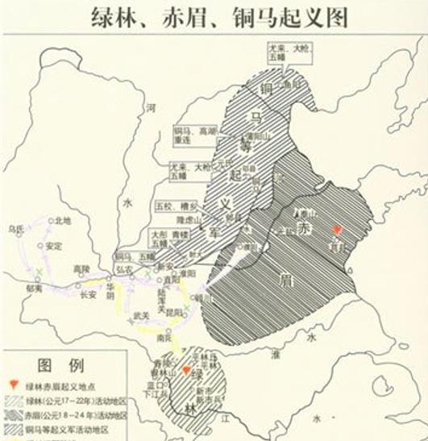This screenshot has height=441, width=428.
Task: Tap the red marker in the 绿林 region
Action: point(187,371)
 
